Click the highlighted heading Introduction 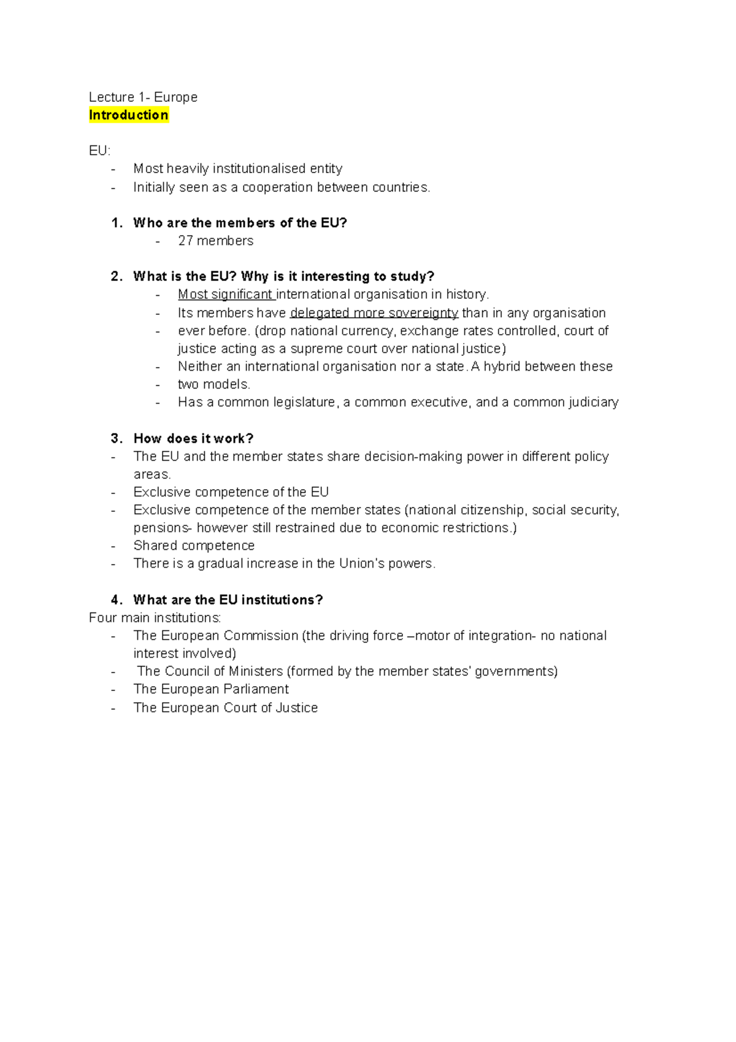(x=128, y=115)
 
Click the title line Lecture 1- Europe (x=143, y=97)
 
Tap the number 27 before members (x=185, y=241)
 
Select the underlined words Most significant (x=225, y=295)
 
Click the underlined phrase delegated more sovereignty (x=374, y=313)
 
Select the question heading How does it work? (x=193, y=438)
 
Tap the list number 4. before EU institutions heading (x=117, y=600)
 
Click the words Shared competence (x=194, y=546)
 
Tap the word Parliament (x=256, y=689)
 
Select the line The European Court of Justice (x=225, y=708)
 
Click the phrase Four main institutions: (x=155, y=617)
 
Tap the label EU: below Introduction (x=99, y=151)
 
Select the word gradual (x=220, y=563)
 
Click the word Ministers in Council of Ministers (x=255, y=671)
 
